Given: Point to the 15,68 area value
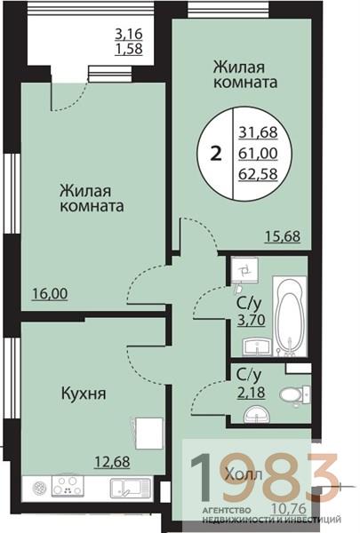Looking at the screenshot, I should (x=280, y=235).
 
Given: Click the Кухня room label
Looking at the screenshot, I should (x=84, y=392).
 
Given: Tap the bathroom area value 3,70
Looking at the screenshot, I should (x=248, y=320).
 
